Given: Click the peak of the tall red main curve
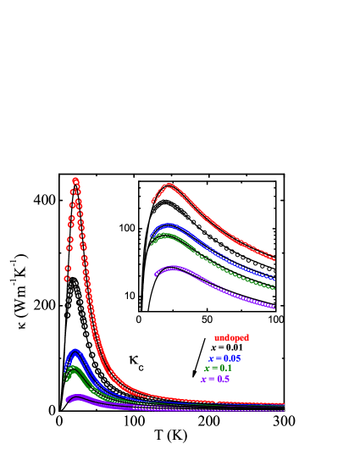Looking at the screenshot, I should click(75, 180).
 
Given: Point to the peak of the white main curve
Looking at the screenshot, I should click(74, 280).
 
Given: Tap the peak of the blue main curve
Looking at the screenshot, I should click(75, 352).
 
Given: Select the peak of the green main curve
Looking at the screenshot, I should click(75, 369).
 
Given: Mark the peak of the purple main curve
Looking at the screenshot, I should click(76, 396).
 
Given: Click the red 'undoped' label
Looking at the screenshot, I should click(231, 338).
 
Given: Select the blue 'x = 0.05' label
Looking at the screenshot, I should click(224, 358).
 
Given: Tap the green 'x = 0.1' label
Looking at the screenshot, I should click(218, 369).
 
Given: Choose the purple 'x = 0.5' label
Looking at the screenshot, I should click(215, 379).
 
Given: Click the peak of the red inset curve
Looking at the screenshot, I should click(169, 185).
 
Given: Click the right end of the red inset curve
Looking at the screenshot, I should click(275, 258).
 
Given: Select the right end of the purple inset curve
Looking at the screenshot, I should click(275, 307).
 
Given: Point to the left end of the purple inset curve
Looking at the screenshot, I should click(157, 274).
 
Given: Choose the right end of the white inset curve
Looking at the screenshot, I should click(275, 269).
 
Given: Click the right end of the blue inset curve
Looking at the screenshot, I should click(275, 278).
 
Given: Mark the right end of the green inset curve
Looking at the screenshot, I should click(275, 288).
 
